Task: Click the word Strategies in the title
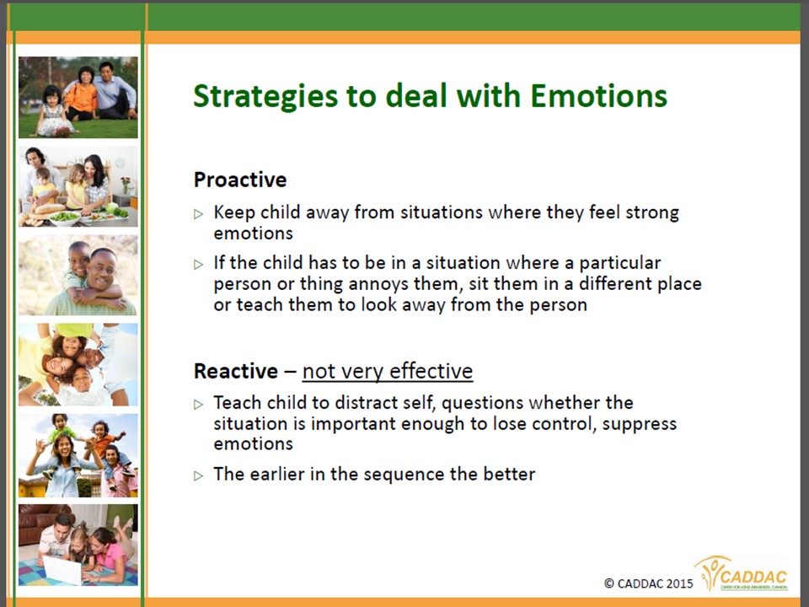(265, 96)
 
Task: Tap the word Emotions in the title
(598, 95)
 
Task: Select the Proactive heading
(240, 180)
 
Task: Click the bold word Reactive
(236, 371)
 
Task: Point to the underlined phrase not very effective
(388, 371)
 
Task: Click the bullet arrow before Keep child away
(199, 213)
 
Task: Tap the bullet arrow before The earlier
(199, 475)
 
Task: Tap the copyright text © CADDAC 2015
(649, 583)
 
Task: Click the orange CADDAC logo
(742, 573)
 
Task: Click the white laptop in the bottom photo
(62, 569)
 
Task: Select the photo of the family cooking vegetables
(78, 186)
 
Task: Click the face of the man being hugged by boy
(102, 270)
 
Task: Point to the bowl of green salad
(65, 218)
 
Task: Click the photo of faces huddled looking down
(78, 364)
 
